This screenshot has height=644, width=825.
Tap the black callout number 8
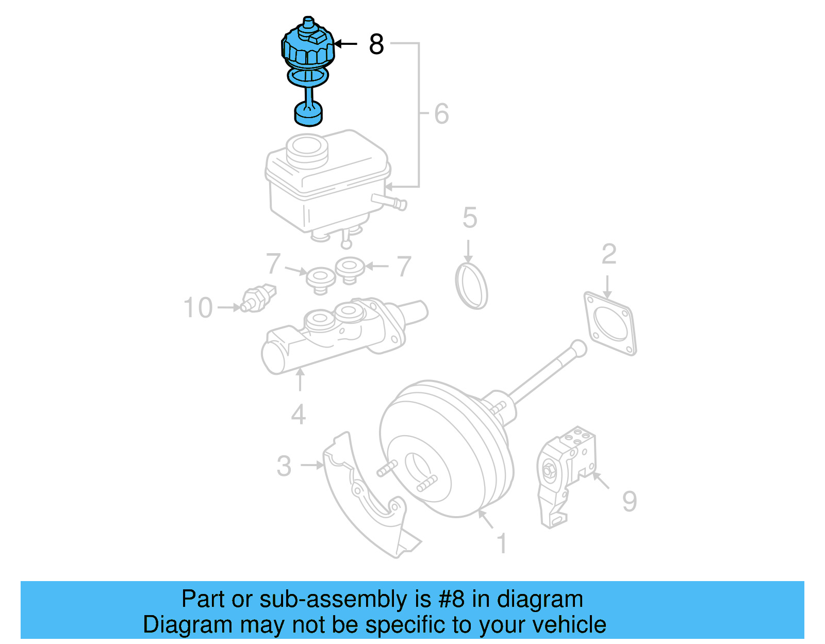coord(376,44)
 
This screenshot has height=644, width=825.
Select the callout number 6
coord(441,113)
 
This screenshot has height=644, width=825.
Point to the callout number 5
coord(470,218)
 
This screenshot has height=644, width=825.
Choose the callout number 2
coord(609,254)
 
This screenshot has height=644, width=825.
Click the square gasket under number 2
coord(610,323)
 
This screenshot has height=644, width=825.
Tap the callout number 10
coord(198,307)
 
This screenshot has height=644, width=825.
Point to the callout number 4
coord(298,415)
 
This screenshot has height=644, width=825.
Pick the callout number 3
coord(284,466)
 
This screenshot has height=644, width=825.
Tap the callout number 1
coord(502,543)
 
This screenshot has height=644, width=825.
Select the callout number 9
coord(629,501)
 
